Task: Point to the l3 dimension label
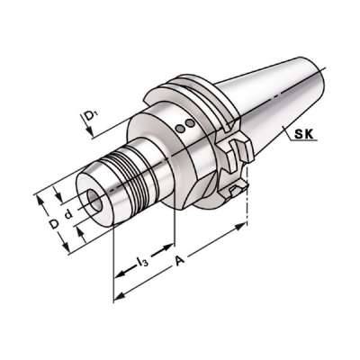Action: (x=141, y=261)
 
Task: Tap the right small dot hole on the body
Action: (x=189, y=124)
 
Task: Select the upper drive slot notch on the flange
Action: (x=241, y=146)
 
